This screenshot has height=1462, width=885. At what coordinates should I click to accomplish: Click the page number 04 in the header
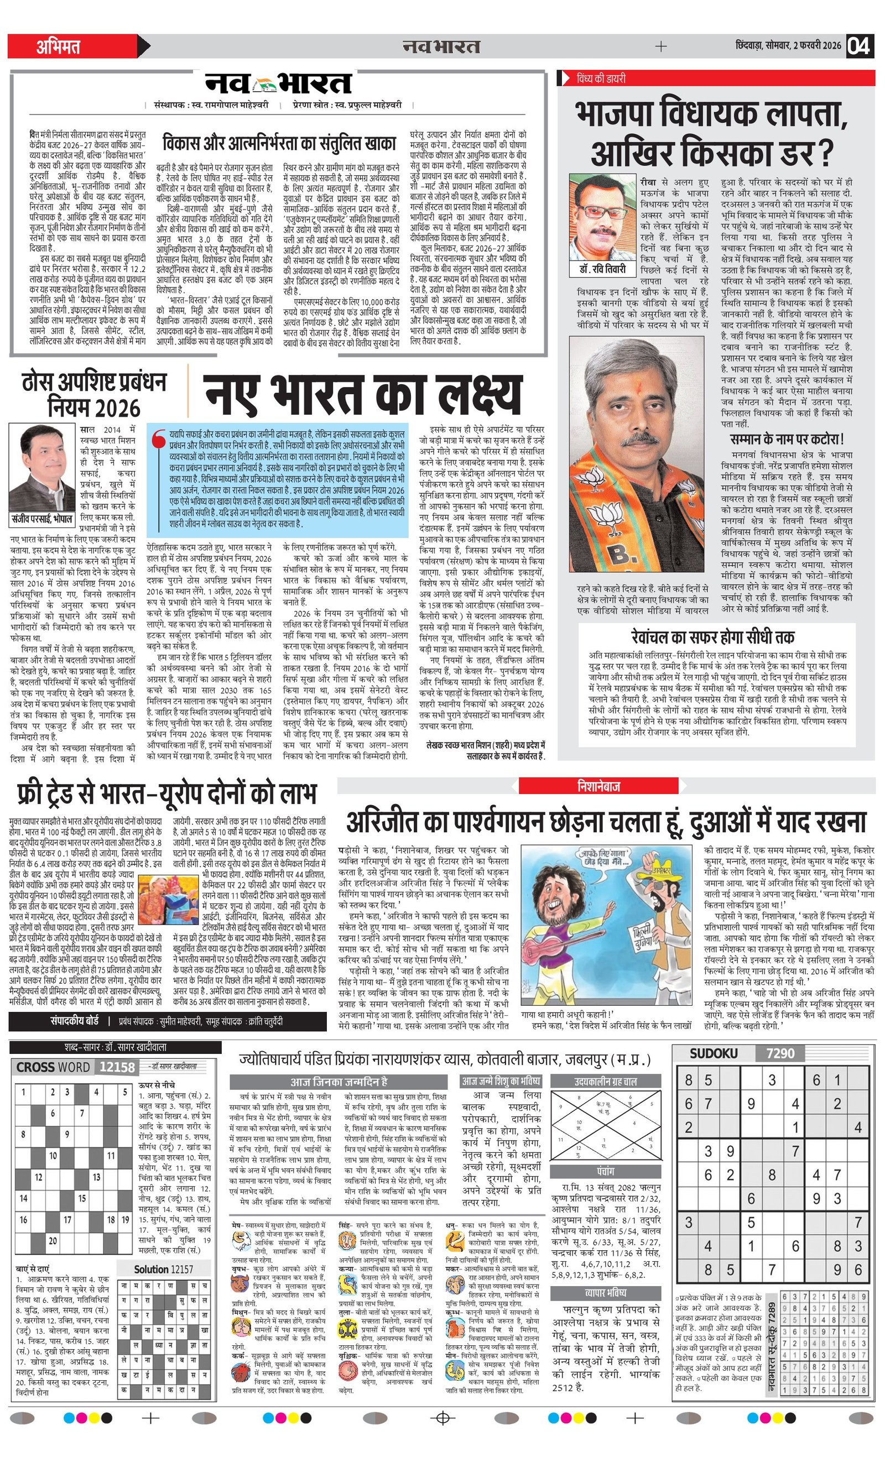[x=859, y=46]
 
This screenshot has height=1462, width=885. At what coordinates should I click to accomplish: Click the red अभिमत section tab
[x=59, y=46]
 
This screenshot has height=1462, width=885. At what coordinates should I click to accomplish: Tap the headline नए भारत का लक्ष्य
[x=362, y=394]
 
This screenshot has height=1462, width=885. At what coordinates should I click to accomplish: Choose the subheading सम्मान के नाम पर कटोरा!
[x=787, y=439]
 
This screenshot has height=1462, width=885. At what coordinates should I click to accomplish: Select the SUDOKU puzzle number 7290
[x=780, y=1053]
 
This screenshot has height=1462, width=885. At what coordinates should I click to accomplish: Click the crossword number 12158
[x=117, y=1067]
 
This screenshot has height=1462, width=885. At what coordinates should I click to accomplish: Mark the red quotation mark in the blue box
[x=157, y=440]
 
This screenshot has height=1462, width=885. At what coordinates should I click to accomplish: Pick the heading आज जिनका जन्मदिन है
[x=339, y=1082]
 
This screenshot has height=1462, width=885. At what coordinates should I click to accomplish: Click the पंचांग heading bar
[x=606, y=1171]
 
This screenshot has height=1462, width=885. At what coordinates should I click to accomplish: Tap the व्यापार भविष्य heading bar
[x=606, y=1292]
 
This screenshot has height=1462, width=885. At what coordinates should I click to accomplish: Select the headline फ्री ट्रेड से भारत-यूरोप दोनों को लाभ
[x=167, y=794]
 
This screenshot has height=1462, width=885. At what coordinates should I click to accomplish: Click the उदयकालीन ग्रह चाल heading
[x=606, y=1081]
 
